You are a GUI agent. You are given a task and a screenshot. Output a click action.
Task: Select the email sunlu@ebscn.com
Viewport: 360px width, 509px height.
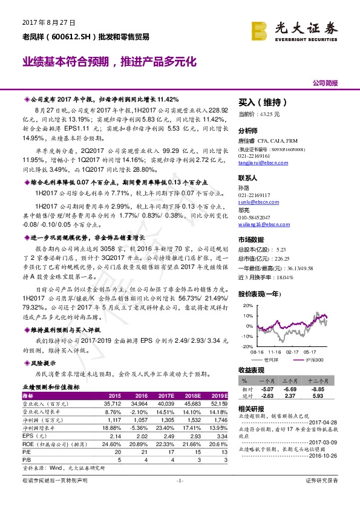254,206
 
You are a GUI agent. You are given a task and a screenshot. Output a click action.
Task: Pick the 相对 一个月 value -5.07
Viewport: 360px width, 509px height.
267,389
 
